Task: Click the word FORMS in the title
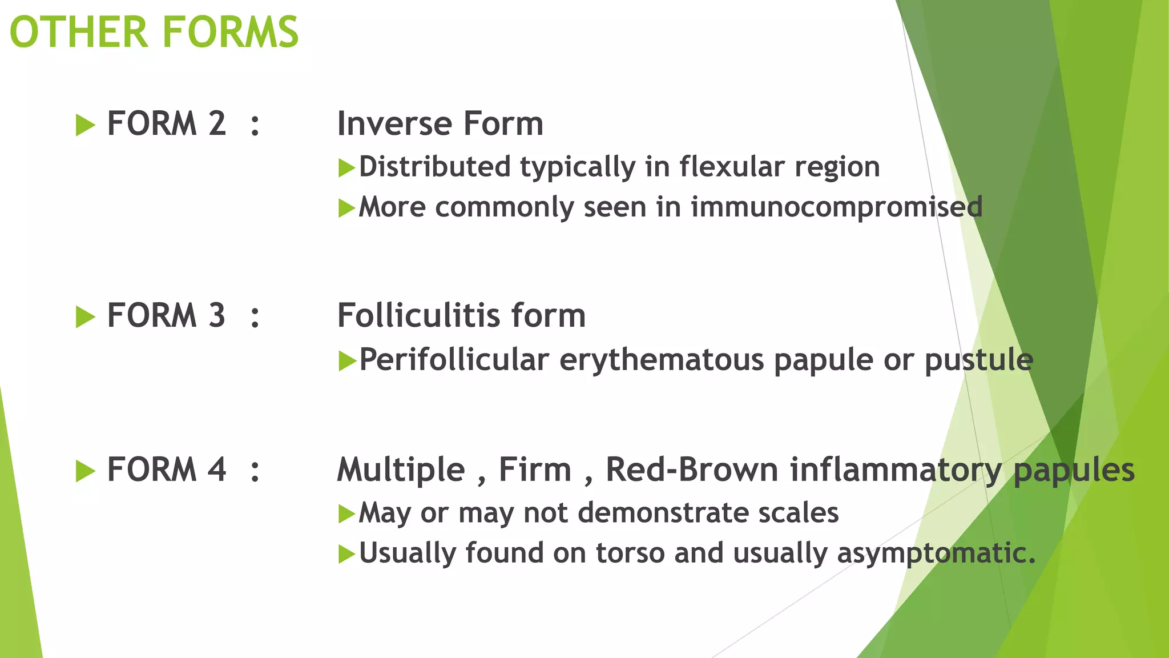click(x=231, y=33)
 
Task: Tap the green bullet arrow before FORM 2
click(x=85, y=125)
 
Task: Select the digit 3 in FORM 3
click(x=216, y=315)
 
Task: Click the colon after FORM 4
click(x=255, y=471)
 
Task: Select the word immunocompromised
click(x=836, y=207)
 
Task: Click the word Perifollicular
click(x=454, y=360)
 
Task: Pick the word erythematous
click(x=662, y=360)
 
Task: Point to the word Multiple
click(x=401, y=470)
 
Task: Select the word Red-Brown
click(x=692, y=470)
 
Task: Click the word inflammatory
click(x=896, y=470)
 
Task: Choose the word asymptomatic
click(x=936, y=553)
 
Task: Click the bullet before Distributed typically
click(x=346, y=168)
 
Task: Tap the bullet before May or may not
click(x=346, y=513)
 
